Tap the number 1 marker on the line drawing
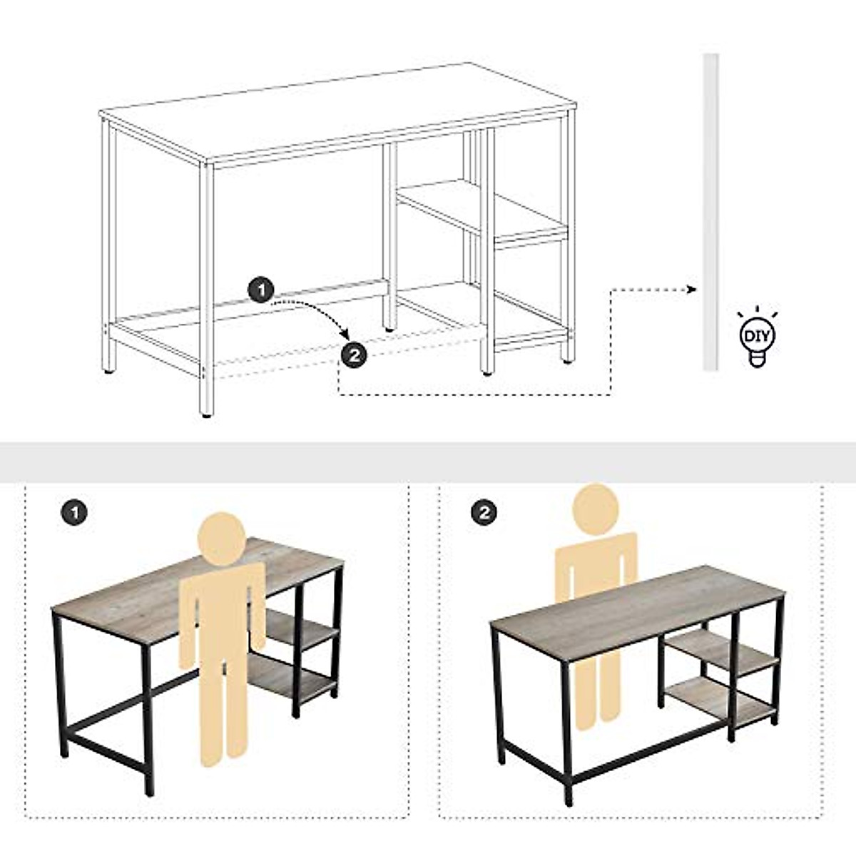(x=261, y=290)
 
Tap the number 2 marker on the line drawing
(x=355, y=355)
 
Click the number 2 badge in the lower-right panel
(x=484, y=511)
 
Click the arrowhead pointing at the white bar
(x=691, y=289)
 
